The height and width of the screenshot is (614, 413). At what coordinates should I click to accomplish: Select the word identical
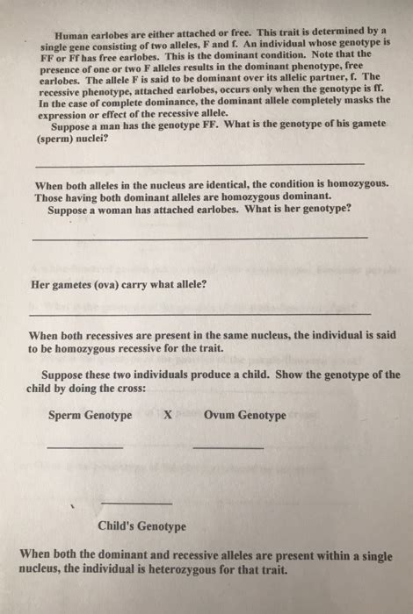pyautogui.click(x=211, y=184)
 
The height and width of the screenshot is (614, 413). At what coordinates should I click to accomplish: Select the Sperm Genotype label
pyautogui.click(x=90, y=415)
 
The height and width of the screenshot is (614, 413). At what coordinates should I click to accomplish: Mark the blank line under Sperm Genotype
pyautogui.click(x=85, y=449)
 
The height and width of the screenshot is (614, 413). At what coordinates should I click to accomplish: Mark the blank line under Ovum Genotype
pyautogui.click(x=228, y=449)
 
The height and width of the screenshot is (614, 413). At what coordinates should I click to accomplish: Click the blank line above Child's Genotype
pyautogui.click(x=136, y=503)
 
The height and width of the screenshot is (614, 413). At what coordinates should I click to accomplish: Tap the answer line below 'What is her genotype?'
pyautogui.click(x=199, y=238)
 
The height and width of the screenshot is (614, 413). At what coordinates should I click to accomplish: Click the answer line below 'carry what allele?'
pyautogui.click(x=199, y=314)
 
